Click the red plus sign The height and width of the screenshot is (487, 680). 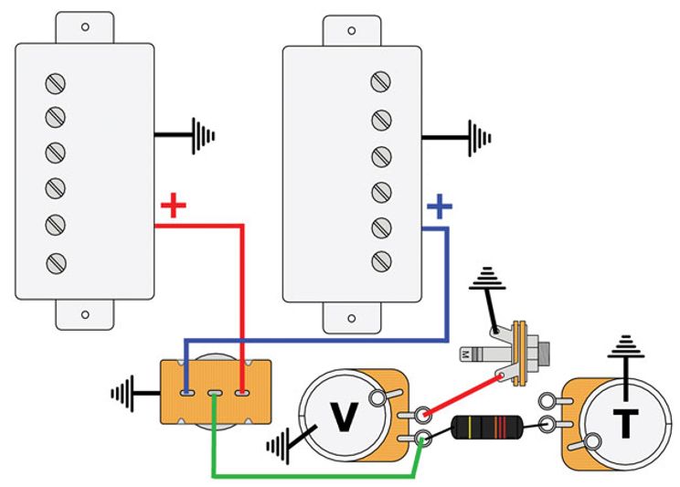tap(173, 206)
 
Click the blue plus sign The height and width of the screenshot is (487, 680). tap(441, 207)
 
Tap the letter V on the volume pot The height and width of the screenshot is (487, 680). tap(344, 418)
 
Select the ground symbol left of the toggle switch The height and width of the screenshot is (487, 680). tap(125, 395)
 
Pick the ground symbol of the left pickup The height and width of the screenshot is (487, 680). tap(202, 136)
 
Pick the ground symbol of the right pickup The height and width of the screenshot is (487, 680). tap(479, 138)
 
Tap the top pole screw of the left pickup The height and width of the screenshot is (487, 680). tap(56, 84)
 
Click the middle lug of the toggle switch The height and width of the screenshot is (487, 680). tap(214, 395)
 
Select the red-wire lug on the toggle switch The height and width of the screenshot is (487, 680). tap(242, 394)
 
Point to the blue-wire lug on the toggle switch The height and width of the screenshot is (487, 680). tap(186, 394)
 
